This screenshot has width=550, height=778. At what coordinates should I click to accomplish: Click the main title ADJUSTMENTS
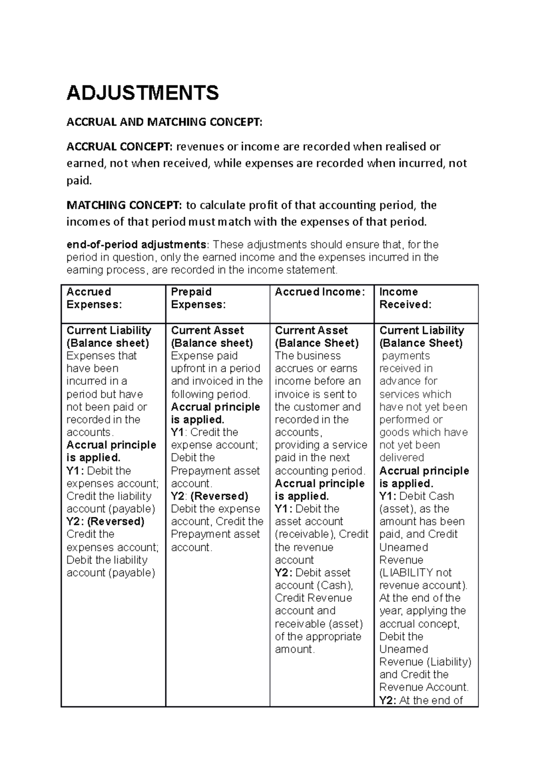[x=143, y=93]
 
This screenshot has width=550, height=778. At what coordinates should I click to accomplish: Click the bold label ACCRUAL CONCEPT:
[x=120, y=147]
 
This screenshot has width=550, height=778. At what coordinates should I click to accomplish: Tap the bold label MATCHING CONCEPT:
[x=124, y=205]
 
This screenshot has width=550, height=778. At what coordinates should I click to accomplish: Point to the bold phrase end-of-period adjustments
[x=136, y=245]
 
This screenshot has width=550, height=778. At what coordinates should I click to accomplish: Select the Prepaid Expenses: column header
[x=198, y=298]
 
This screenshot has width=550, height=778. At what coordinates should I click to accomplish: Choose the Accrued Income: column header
[x=319, y=292]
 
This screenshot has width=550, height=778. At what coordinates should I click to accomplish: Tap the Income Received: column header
[x=405, y=298]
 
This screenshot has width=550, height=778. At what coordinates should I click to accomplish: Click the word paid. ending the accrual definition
[x=79, y=181]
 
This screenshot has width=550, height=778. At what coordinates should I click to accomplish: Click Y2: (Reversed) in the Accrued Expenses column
[x=105, y=521]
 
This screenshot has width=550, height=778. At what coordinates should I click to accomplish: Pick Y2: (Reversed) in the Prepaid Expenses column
[x=209, y=496]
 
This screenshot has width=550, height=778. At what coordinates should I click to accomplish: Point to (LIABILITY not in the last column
[x=415, y=573]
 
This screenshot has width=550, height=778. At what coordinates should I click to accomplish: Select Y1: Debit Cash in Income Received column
[x=416, y=496]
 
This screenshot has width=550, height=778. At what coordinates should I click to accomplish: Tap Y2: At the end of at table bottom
[x=421, y=700]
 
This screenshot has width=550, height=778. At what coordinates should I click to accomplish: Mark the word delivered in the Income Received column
[x=401, y=458]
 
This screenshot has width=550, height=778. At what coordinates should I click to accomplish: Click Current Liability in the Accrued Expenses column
[x=109, y=330]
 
